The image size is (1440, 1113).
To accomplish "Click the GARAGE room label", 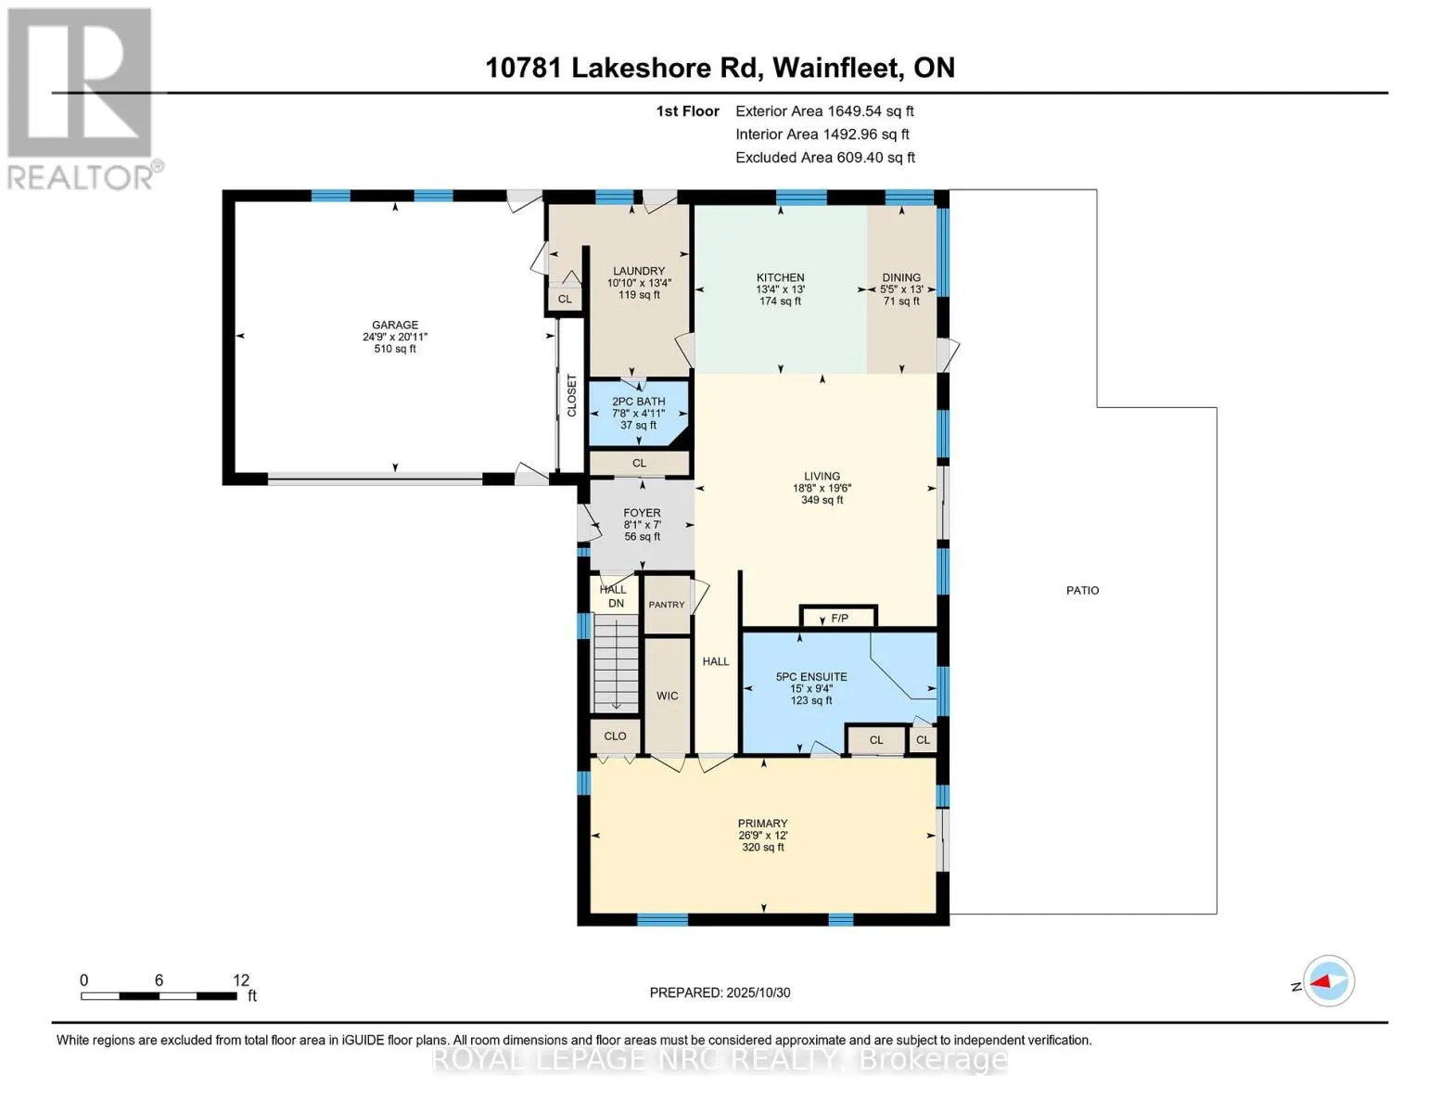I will (x=395, y=326).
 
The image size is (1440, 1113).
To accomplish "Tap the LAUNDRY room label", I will (x=639, y=272).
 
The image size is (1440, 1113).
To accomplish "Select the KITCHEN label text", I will (x=780, y=277).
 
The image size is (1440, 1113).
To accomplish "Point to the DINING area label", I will (x=901, y=277).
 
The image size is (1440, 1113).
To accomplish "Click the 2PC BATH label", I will (x=639, y=402).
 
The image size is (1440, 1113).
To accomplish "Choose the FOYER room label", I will (x=642, y=513).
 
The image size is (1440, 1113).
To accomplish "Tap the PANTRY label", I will (x=667, y=605).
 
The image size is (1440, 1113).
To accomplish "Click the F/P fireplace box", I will (x=839, y=618).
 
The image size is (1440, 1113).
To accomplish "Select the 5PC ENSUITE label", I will (x=811, y=677).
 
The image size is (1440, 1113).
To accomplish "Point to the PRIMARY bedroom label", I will (x=762, y=824).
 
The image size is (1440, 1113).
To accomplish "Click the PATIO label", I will (x=1082, y=591).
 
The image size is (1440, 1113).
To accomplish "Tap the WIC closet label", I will (x=668, y=696).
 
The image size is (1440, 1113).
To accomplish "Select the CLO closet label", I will (x=615, y=736).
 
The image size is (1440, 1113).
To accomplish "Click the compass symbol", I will (x=1329, y=981).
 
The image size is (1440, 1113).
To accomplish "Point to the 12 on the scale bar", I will (x=241, y=980).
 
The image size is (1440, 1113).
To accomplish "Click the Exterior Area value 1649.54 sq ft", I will (x=871, y=111).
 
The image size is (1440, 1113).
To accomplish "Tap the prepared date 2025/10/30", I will (x=758, y=992).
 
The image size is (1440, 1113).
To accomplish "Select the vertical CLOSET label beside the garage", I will (x=572, y=396).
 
